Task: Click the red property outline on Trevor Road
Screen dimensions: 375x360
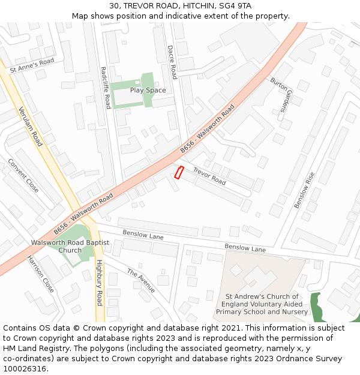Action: (178, 172)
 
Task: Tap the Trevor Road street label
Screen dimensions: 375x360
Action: (209, 176)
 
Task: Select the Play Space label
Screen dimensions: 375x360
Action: (148, 91)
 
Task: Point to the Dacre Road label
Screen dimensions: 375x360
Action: (172, 62)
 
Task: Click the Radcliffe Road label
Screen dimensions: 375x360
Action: (105, 88)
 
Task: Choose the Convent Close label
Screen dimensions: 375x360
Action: (23, 176)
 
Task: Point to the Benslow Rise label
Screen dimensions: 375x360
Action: (304, 190)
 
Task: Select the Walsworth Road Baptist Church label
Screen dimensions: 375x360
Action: (70, 247)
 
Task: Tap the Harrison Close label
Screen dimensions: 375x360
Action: (40, 274)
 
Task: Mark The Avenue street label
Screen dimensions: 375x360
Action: (141, 281)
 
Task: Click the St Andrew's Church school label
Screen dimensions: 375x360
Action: (262, 304)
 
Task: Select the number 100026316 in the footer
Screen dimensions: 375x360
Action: (25, 369)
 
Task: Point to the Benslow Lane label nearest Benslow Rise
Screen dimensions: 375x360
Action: (245, 248)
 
